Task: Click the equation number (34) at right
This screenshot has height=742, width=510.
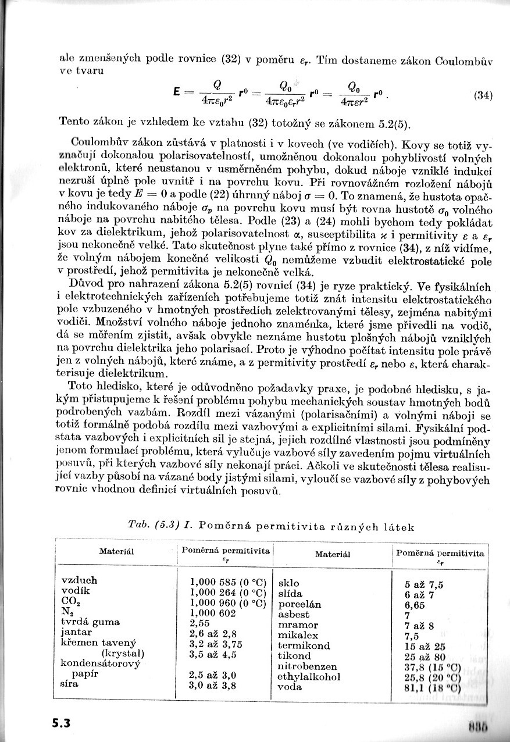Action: coord(484,96)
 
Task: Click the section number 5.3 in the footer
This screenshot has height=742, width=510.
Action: coord(60,723)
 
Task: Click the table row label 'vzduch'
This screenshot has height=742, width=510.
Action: coord(79,580)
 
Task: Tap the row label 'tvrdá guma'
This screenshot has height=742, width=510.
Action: coord(90,622)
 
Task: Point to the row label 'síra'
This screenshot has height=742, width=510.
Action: coord(70,684)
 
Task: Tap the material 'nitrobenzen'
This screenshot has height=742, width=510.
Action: coord(307,666)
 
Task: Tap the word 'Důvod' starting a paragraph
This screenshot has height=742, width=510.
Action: coord(86,286)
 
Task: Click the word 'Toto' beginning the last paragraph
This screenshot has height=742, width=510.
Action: coord(81,386)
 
